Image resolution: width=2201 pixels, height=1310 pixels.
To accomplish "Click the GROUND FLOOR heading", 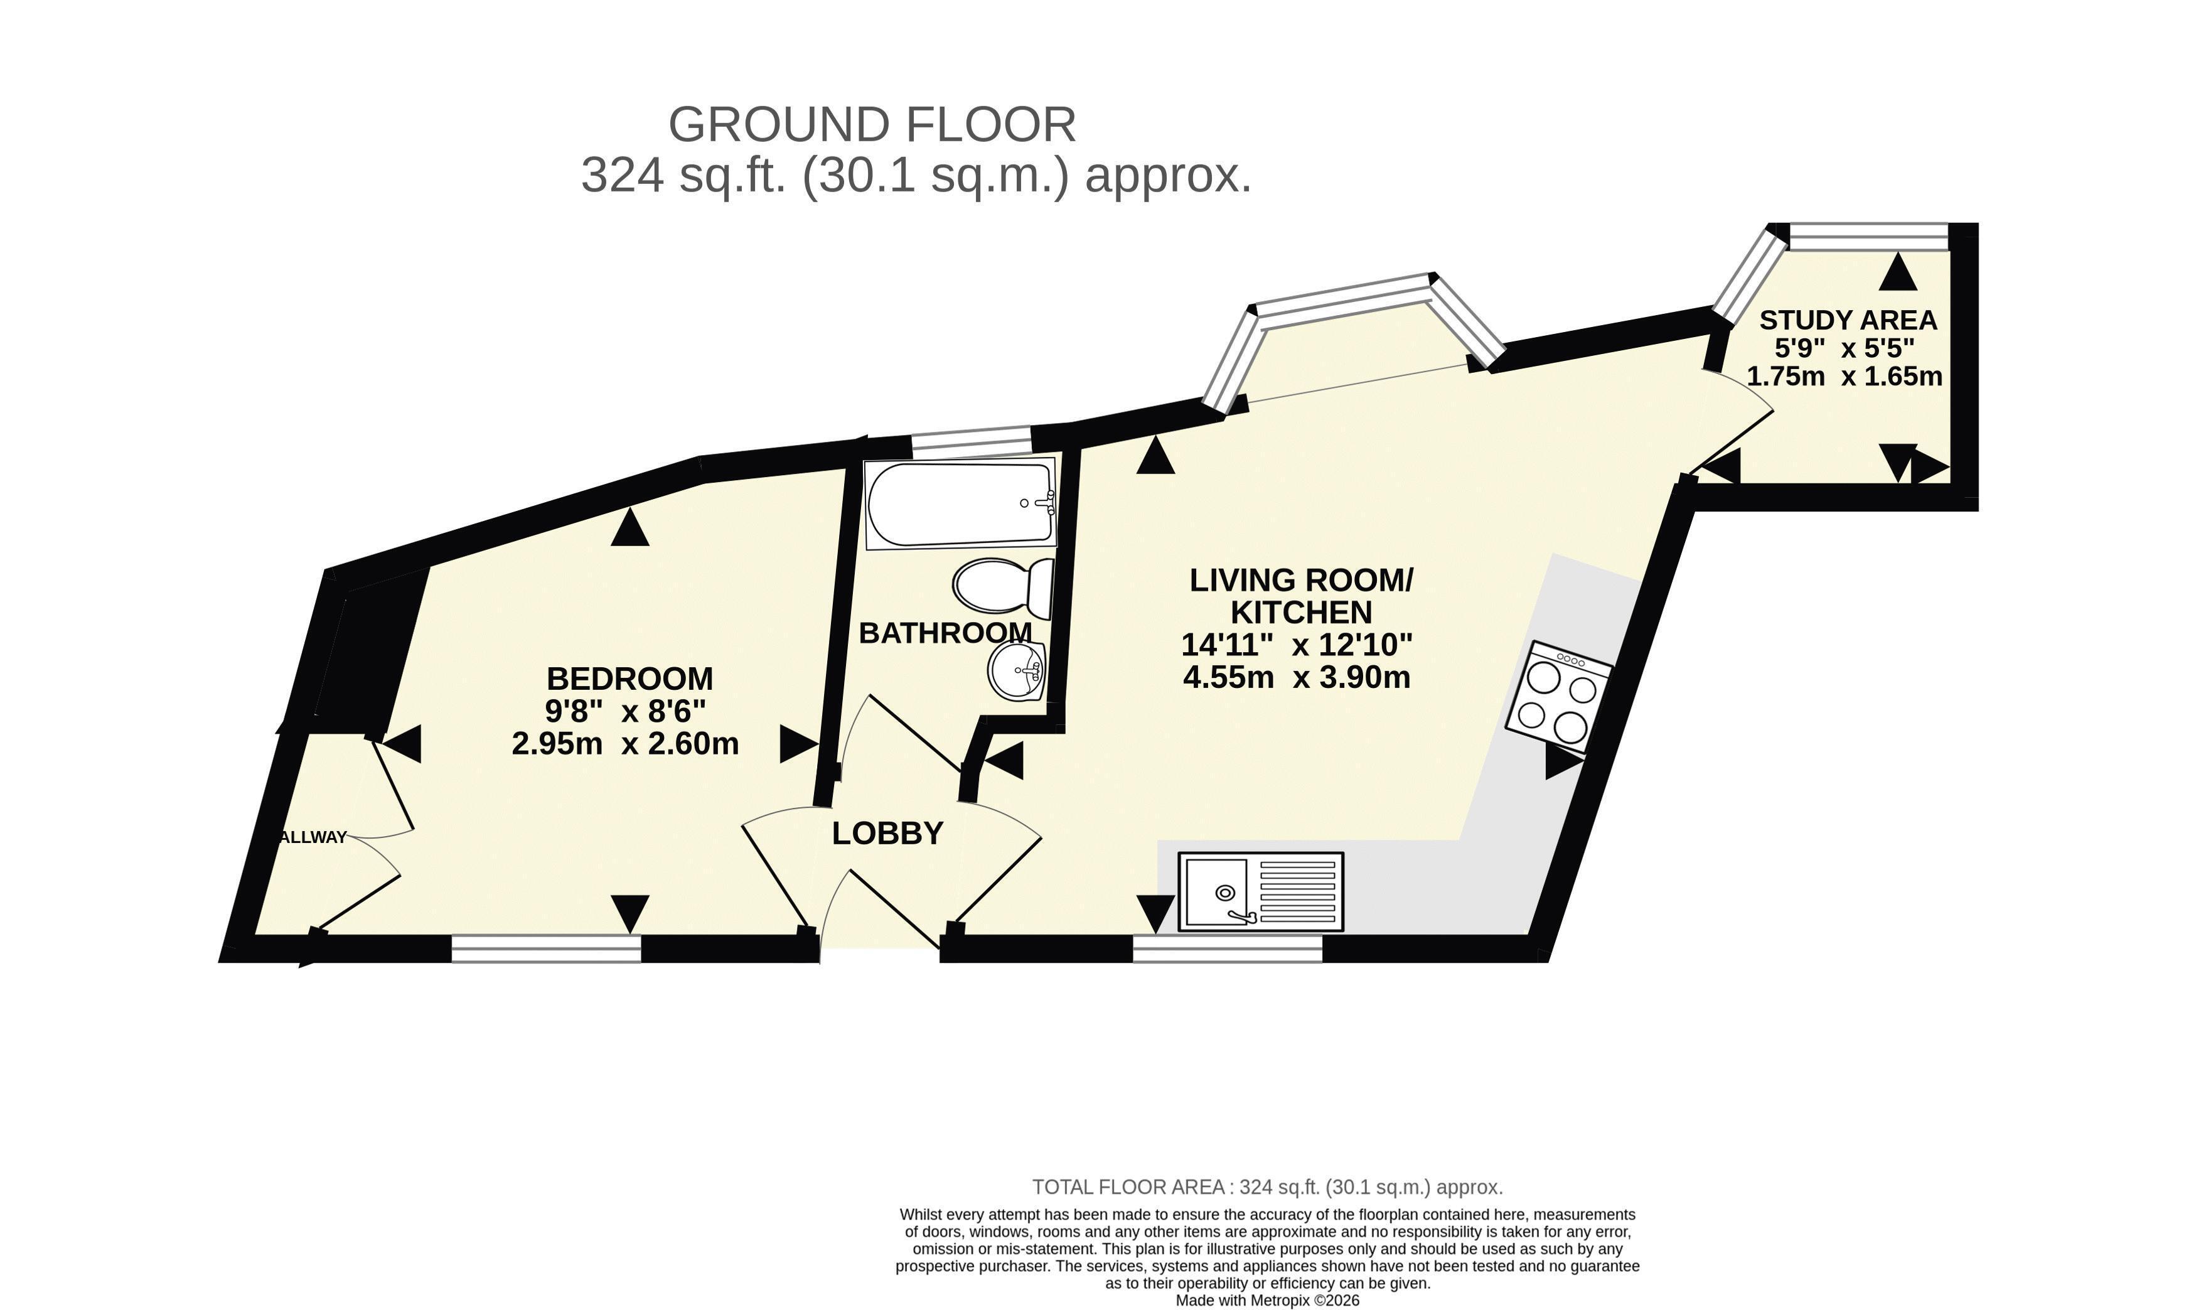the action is (x=872, y=124).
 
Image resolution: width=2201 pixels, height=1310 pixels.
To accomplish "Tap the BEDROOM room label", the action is (x=629, y=679).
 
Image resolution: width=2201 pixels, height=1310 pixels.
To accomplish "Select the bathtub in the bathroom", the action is (x=960, y=503).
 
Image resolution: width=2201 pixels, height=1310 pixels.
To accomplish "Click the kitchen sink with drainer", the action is (x=1260, y=891).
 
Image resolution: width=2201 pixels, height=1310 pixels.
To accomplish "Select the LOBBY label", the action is (x=887, y=834).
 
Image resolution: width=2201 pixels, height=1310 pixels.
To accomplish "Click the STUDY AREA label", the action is (x=1848, y=319).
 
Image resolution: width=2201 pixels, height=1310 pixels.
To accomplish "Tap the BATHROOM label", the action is (x=945, y=633).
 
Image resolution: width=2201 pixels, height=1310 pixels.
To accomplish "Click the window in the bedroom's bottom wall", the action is (x=546, y=949).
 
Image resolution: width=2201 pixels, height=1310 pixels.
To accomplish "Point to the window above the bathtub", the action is (x=972, y=439).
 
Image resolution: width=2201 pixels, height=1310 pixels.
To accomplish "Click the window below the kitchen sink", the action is (x=1228, y=949).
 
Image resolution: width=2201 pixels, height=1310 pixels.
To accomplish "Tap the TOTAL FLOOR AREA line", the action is (x=1267, y=1188).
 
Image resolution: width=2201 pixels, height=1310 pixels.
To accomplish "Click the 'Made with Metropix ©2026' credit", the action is (x=1267, y=1301).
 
